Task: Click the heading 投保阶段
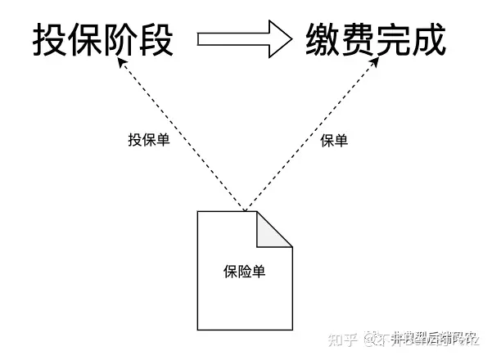click(x=104, y=39)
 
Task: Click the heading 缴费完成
click(x=376, y=39)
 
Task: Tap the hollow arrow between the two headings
click(x=243, y=38)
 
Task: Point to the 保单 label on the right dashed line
click(x=334, y=141)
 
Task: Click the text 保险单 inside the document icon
click(x=244, y=272)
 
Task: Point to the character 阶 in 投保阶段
click(x=121, y=39)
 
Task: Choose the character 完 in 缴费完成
click(x=394, y=39)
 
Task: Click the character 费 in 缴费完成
click(x=359, y=39)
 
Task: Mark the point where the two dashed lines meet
click(x=244, y=209)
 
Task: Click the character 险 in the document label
click(x=244, y=272)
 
